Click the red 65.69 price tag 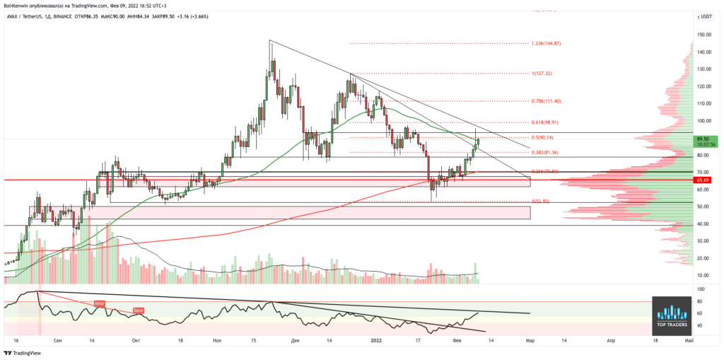click(702, 180)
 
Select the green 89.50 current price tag click(703, 139)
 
